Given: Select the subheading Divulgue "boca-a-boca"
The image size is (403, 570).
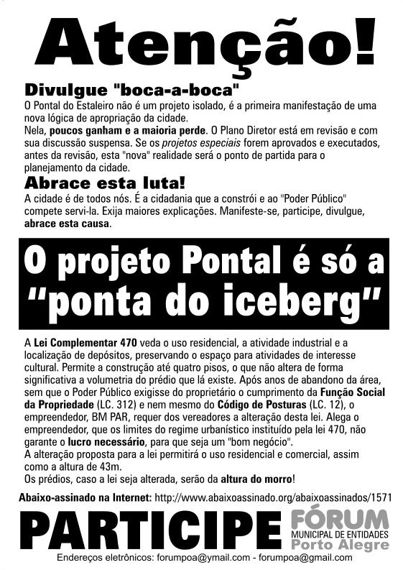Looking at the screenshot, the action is [131, 91].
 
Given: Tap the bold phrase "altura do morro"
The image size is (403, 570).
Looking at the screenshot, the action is [252, 478].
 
